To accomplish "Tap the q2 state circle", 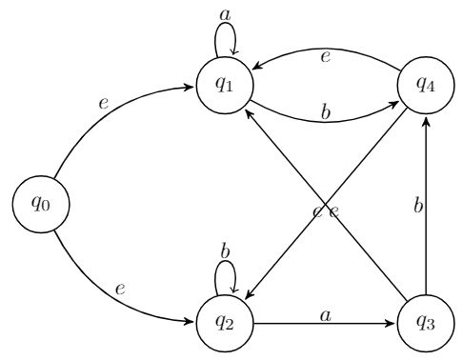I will (224, 320).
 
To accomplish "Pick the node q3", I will (424, 320).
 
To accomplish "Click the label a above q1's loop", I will (225, 14).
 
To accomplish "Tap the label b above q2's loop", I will (225, 250).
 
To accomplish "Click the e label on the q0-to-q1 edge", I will (104, 101).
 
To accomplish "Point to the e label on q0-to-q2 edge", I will (120, 287).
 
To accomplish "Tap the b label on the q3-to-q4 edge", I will (416, 204).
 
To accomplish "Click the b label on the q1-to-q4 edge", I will (326, 111).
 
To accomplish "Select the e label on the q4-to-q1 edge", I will (326, 56).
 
